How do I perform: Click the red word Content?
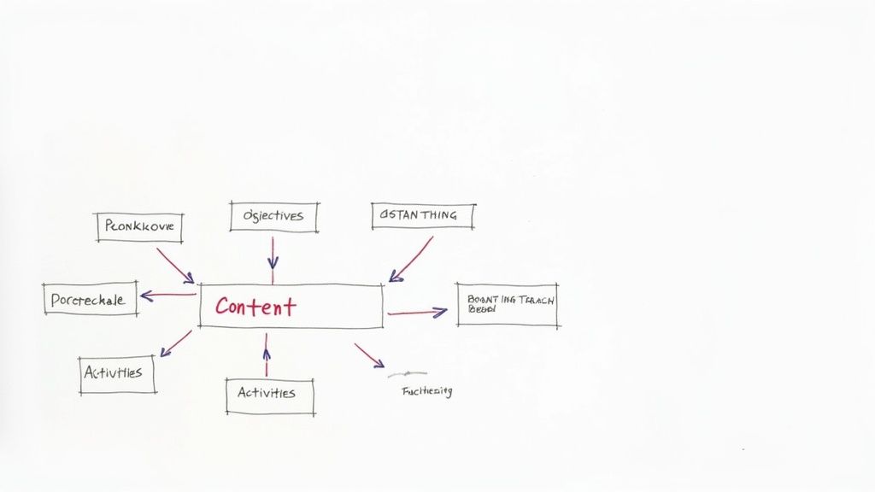(255, 306)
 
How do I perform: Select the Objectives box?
(273, 216)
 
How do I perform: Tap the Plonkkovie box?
(139, 226)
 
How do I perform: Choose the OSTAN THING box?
(423, 215)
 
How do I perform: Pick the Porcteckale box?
(90, 299)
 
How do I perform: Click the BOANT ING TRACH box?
(508, 305)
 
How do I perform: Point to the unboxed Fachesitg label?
(426, 391)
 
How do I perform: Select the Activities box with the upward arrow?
(269, 395)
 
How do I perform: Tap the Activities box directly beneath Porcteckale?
(117, 374)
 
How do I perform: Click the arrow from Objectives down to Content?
(273, 253)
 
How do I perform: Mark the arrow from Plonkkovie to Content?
(174, 265)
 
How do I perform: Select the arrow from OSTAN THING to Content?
(411, 259)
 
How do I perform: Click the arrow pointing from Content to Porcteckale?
(168, 296)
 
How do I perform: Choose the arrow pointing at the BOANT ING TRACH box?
(417, 313)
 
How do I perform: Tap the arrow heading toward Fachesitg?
(369, 355)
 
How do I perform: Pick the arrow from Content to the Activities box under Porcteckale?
(176, 343)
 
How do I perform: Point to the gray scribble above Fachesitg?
(407, 374)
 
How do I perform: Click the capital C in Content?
(224, 307)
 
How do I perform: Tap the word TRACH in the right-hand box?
(537, 300)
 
